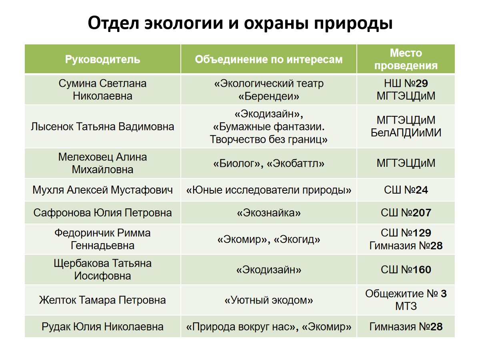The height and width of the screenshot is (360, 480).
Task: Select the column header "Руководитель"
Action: (102, 60)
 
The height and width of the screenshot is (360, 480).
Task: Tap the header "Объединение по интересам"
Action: (268, 60)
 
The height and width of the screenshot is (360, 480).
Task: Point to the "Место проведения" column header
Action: (406, 59)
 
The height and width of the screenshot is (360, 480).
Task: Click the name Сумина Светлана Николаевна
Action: (102, 90)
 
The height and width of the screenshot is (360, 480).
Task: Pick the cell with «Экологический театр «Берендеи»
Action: (268, 90)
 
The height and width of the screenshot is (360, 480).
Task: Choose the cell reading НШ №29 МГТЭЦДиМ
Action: (406, 90)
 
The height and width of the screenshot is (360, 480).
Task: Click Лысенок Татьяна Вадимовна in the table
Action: (102, 126)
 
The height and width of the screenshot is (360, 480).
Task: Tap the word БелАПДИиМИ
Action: (406, 133)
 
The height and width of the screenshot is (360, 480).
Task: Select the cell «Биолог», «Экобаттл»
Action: (268, 163)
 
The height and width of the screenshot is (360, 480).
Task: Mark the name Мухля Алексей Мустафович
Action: (102, 190)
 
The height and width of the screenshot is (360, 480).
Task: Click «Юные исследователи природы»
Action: (268, 190)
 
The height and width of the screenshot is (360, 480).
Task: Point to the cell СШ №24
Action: (406, 190)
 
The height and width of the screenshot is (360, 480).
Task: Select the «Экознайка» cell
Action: (268, 213)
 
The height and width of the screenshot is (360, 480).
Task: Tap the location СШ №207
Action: (406, 213)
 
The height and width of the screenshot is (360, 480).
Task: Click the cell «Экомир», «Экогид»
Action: (268, 239)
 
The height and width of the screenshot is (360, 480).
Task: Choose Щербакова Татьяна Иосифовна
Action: (102, 270)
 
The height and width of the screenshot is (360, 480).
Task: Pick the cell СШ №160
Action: (406, 270)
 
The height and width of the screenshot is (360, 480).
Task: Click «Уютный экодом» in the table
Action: (268, 300)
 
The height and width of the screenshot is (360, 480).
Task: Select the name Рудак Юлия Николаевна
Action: (102, 326)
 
